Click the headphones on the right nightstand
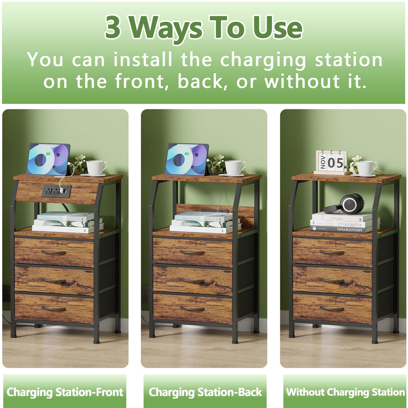click(x=346, y=204)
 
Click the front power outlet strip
click(x=56, y=191)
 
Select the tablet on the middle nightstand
click(x=187, y=159)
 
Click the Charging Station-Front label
click(x=65, y=392)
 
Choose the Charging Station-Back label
click(x=205, y=392)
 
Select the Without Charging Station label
click(x=345, y=392)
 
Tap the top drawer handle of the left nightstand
click(x=54, y=252)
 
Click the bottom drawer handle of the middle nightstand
click(x=192, y=309)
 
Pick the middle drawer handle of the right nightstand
click(x=332, y=280)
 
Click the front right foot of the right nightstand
click(x=375, y=341)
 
